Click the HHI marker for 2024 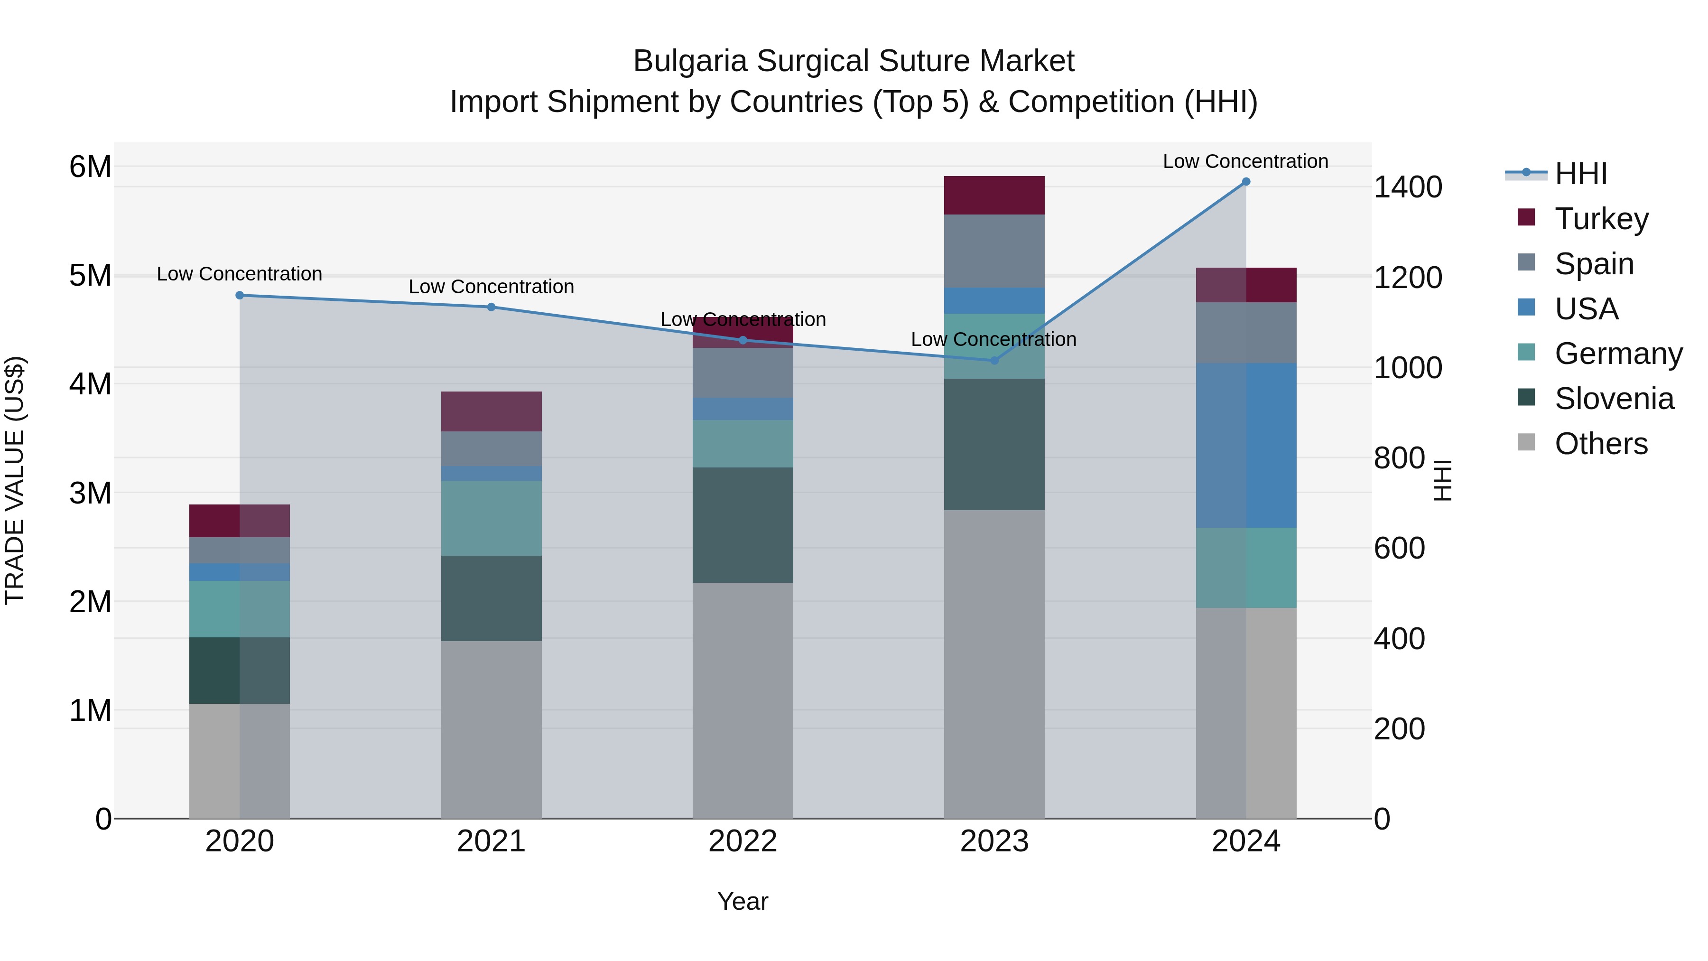coord(1246,182)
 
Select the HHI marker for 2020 coord(240,295)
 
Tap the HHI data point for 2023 coord(994,360)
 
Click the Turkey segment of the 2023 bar coord(994,195)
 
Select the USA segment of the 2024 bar coord(1246,445)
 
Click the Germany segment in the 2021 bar coord(492,518)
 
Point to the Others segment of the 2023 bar coord(994,663)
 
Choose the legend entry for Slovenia coord(1614,399)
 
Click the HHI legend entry coord(1581,174)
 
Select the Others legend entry coord(1601,444)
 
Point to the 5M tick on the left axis coord(90,275)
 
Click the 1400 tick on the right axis coord(1407,187)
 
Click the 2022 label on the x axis coord(743,841)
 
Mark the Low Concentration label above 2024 coord(1245,161)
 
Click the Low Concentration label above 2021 coord(492,287)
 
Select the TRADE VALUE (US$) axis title coord(15,480)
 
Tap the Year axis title coord(743,901)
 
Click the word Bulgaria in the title coord(690,61)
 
